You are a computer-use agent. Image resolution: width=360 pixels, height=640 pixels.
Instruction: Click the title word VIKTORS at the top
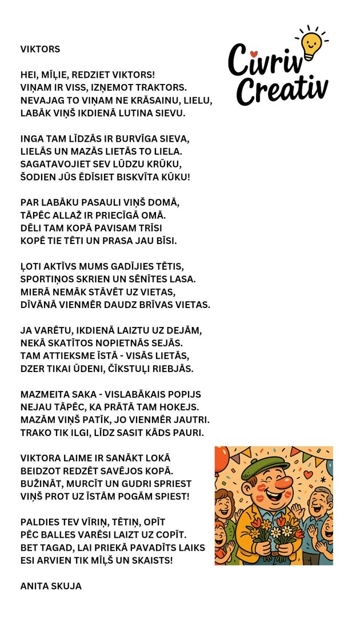(x=40, y=49)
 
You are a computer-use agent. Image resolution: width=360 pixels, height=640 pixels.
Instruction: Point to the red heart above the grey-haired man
(x=308, y=474)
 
